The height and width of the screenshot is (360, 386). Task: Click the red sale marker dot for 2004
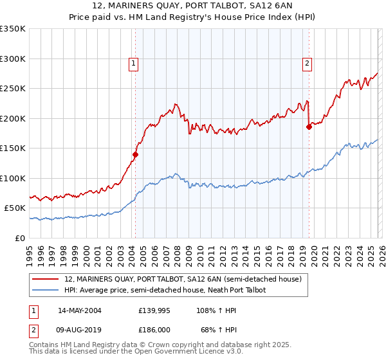136,154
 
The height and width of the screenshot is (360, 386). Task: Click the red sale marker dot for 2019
309,127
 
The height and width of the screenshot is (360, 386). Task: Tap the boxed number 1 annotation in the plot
133,63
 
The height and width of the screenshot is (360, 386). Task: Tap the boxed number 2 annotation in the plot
307,63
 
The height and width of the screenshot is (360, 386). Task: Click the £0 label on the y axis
21,238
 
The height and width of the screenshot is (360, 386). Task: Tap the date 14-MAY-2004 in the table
79,310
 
